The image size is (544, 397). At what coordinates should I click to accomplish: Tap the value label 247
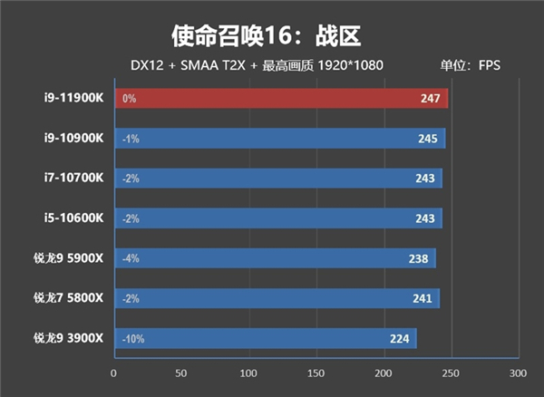point(430,98)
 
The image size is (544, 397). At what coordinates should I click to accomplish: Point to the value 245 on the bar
point(427,139)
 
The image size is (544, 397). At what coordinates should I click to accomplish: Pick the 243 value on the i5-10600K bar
point(424,218)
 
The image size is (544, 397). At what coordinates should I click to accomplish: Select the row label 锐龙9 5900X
point(69,258)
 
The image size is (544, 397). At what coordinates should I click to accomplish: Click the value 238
point(418,259)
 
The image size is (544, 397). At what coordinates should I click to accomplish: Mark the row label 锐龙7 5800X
point(69,298)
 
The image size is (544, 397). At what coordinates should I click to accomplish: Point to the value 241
point(422,299)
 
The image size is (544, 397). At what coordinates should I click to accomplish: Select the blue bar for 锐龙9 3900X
point(263,339)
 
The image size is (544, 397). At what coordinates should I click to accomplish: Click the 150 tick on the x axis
point(316,373)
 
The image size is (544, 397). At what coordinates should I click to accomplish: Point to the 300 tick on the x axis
point(518,373)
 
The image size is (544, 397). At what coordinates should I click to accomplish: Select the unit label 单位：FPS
point(471,65)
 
